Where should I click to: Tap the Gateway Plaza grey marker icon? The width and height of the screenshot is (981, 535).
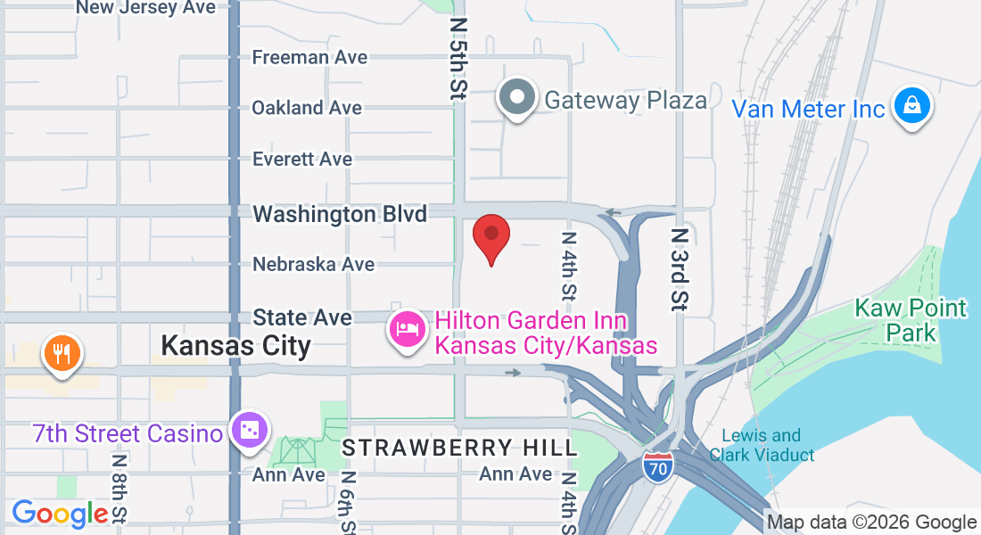pos(517,97)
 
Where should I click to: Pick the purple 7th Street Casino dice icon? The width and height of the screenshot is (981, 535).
pos(247,432)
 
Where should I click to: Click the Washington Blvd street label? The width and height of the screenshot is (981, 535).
pos(340,214)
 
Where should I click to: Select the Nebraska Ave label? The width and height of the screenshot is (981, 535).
pos(313,265)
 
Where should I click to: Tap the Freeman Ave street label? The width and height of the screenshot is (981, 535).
pos(309,57)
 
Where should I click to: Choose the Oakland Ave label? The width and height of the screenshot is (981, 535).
pos(307,108)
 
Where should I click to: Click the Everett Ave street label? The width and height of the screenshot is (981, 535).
pos(302,159)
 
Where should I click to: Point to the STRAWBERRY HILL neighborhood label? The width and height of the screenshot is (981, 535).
pos(460,448)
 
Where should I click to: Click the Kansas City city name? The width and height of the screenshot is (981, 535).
pos(236,345)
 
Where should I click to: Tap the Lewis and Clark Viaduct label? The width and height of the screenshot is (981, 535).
pos(762,445)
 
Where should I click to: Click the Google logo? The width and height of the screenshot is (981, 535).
pos(60,513)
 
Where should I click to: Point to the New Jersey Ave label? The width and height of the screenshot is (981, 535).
pos(145,7)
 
